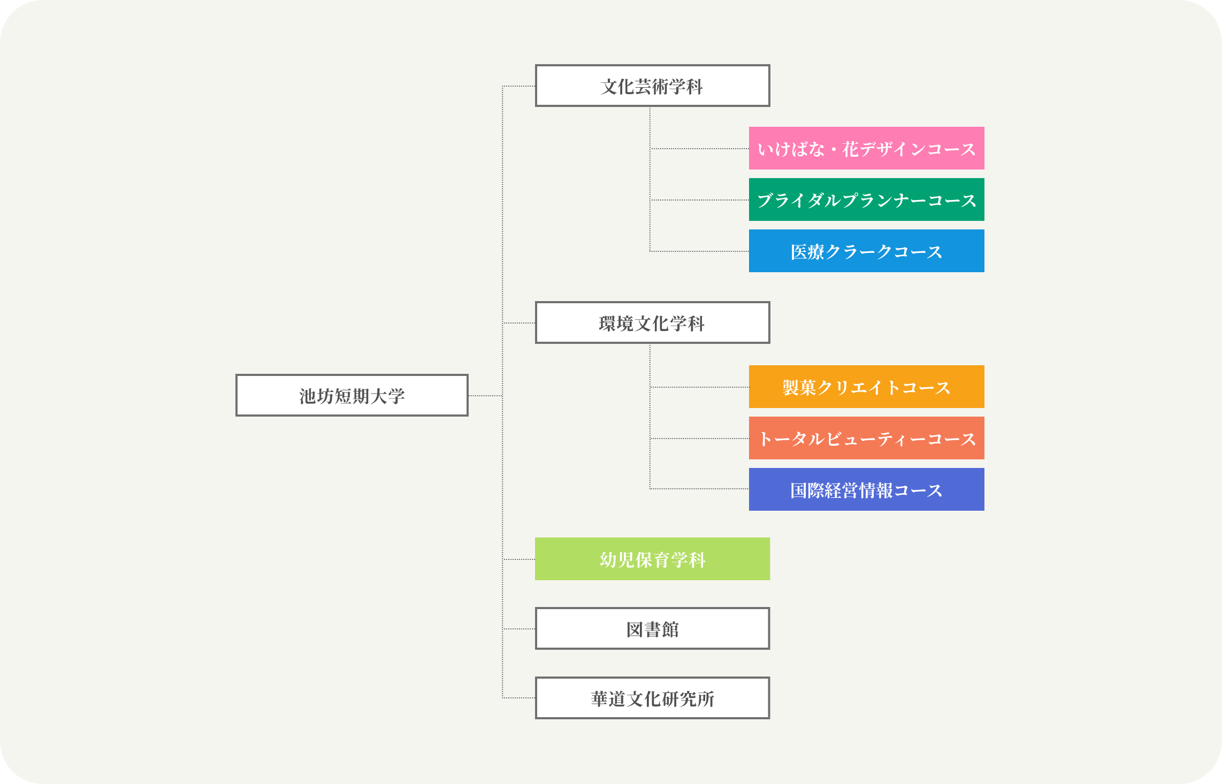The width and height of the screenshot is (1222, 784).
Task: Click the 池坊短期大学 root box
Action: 352,395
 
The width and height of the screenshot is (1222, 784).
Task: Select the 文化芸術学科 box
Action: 652,86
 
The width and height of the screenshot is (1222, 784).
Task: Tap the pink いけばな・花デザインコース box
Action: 866,148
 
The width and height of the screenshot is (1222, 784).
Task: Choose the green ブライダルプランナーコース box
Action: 866,199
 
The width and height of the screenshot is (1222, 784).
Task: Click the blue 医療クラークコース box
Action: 866,251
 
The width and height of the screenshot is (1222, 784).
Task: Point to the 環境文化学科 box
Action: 652,322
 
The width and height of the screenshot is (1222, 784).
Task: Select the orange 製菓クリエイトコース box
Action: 866,387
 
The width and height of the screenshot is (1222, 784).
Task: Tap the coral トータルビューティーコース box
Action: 866,438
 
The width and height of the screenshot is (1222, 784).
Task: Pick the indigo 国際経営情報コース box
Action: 866,489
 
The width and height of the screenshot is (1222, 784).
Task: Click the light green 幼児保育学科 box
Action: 652,559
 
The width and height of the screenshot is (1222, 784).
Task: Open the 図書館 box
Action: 652,628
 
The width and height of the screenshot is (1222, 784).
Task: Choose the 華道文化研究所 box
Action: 652,698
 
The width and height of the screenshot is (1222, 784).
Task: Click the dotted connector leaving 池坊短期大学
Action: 485,396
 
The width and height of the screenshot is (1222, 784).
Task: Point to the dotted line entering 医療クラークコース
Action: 699,251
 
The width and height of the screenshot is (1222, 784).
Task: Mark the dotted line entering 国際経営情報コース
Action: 699,488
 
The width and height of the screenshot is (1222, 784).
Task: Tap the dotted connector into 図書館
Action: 519,629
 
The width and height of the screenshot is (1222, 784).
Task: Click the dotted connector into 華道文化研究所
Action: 519,698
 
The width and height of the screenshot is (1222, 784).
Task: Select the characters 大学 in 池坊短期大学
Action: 387,396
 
